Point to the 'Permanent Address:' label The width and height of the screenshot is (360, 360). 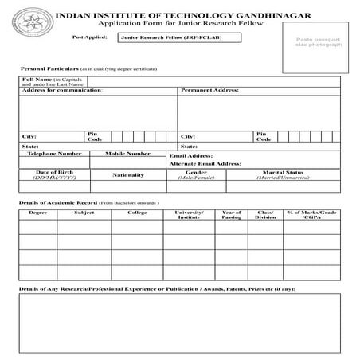[x=210, y=92]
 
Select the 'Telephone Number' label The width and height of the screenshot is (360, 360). [x=54, y=154]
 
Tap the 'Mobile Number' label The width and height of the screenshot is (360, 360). [x=127, y=154]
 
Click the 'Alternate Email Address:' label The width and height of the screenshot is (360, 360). [x=205, y=163]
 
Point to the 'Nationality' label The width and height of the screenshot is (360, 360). [x=127, y=175]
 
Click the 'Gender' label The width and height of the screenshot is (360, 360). [x=196, y=172]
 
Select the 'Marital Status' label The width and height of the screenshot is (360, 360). [x=283, y=172]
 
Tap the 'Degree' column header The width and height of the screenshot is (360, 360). [x=37, y=213]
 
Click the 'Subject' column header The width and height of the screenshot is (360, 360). [x=84, y=213]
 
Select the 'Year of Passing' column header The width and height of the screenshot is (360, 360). [x=232, y=215]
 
